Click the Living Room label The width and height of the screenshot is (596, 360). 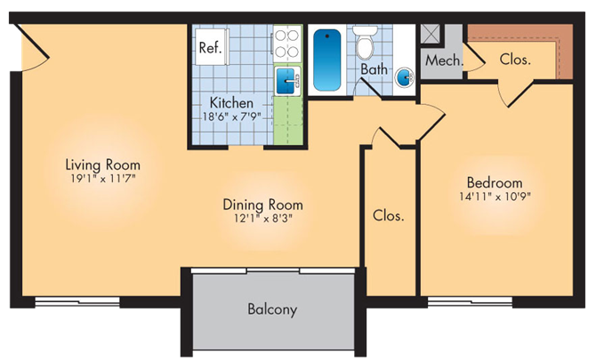pos(102,164)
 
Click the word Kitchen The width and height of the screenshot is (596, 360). pos(230,103)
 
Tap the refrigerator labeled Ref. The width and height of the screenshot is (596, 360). pos(210,47)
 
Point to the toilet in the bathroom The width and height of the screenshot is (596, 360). pos(366,44)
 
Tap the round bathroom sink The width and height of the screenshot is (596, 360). pos(404,76)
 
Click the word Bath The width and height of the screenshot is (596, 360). pos(374,69)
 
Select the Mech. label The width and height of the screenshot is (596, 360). pos(441,61)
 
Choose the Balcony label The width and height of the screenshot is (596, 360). pos(271,310)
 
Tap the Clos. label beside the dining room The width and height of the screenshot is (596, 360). pos(389,215)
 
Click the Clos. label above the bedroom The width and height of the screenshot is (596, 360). pos(516,60)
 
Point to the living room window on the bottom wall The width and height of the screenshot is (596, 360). pos(77,302)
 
